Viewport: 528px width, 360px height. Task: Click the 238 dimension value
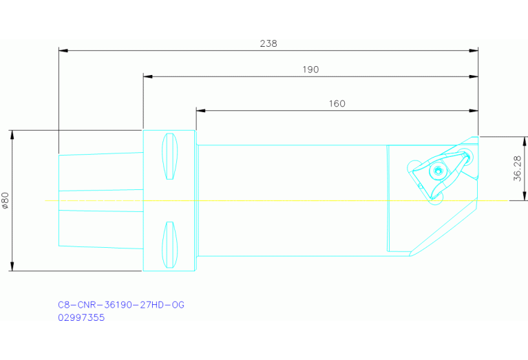268,44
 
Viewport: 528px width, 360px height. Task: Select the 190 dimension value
310,70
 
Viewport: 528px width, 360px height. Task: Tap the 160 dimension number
337,104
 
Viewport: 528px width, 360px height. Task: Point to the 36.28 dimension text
518,169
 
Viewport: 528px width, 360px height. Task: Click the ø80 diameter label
6,201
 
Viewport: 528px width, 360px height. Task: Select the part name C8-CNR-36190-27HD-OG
121,305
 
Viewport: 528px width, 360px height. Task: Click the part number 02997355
81,317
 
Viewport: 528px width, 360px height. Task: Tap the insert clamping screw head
437,171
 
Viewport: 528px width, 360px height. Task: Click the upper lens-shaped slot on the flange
170,156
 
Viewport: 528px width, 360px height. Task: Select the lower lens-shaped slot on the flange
170,245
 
